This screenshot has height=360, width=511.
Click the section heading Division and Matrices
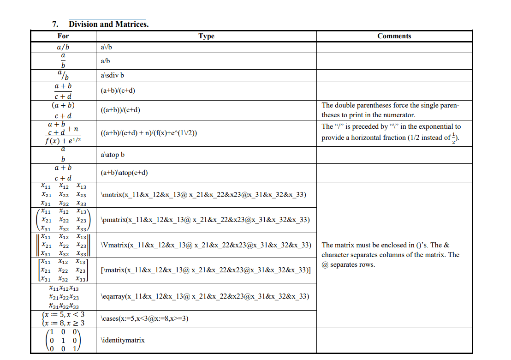[108, 24]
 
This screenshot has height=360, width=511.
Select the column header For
[63, 36]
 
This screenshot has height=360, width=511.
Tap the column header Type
[206, 36]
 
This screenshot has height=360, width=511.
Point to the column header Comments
[394, 36]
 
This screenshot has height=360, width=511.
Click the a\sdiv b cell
[113, 76]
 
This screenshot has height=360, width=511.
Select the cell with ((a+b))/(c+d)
[120, 110]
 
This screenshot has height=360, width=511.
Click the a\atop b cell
[113, 155]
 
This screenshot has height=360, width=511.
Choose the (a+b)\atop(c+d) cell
[124, 173]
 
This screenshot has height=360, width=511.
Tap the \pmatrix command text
[205, 219]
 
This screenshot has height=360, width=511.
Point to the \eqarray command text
[204, 296]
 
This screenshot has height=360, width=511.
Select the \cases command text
[145, 318]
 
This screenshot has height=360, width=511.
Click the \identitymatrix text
[122, 340]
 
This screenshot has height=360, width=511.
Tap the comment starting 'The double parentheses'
[391, 110]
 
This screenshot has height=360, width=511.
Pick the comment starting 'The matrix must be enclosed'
[390, 255]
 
